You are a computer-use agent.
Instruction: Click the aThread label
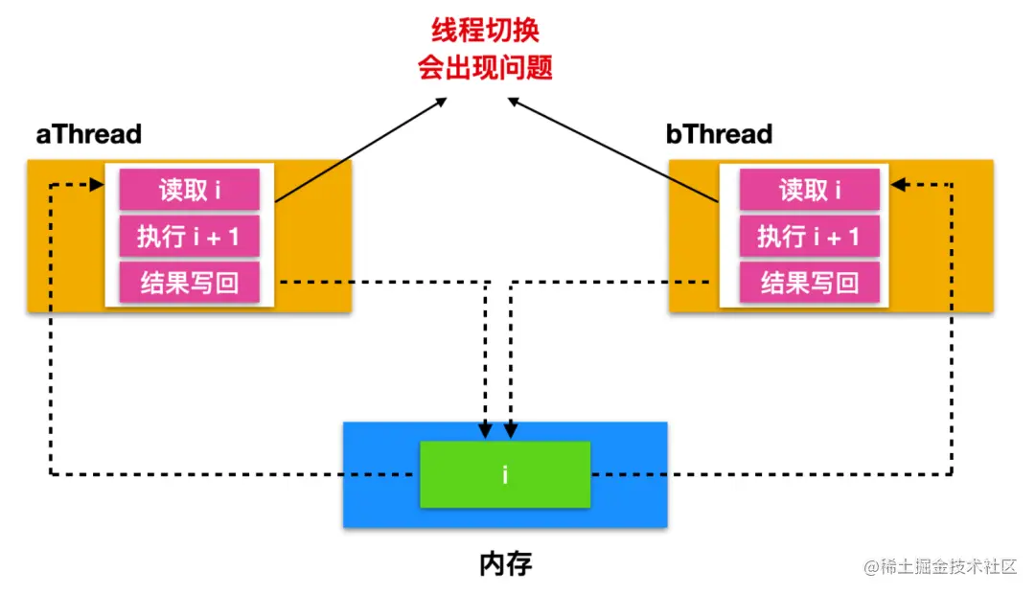click(x=88, y=134)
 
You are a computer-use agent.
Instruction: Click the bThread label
click(x=719, y=134)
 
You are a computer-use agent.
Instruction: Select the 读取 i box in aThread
click(x=190, y=190)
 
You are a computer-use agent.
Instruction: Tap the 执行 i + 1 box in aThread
click(x=190, y=236)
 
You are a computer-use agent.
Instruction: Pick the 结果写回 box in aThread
click(x=190, y=283)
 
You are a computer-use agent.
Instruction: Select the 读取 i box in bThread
click(x=810, y=190)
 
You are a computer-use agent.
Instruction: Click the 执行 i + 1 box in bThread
click(x=810, y=236)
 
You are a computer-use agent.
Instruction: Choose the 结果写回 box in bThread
click(x=810, y=283)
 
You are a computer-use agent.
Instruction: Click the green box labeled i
click(x=505, y=474)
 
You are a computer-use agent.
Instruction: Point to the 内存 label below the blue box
click(x=505, y=563)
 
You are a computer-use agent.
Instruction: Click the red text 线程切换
click(x=486, y=31)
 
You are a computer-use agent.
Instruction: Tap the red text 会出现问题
click(x=486, y=68)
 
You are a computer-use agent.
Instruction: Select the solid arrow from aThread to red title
click(x=359, y=149)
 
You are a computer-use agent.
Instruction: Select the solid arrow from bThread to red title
click(x=613, y=149)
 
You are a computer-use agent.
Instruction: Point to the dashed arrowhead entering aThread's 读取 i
click(x=97, y=185)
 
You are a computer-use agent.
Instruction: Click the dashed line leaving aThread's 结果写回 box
click(x=383, y=283)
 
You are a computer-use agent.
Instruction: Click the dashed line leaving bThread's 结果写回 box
click(x=613, y=283)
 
